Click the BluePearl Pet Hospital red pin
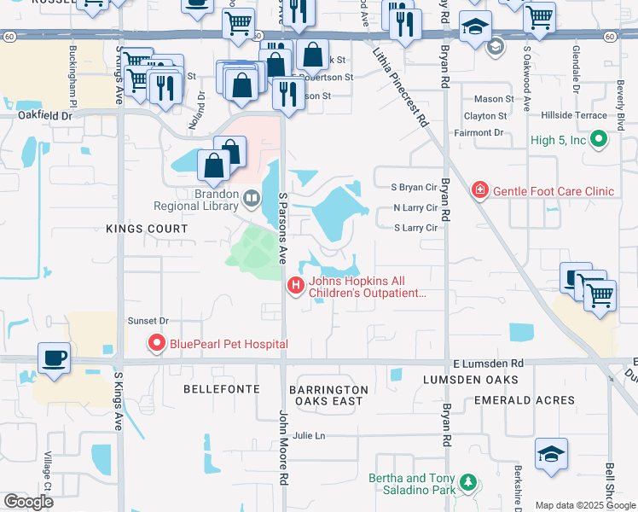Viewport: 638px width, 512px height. tap(156, 344)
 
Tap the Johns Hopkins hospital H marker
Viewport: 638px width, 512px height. tap(296, 286)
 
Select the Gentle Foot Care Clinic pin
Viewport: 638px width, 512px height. tap(480, 189)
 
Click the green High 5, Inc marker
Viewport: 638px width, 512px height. tap(599, 138)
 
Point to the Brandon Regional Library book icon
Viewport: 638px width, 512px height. tap(251, 199)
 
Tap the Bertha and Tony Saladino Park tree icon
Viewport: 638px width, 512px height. tap(467, 484)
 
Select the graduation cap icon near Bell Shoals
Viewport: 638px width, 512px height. tap(551, 456)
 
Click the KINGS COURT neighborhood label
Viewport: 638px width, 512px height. tap(147, 229)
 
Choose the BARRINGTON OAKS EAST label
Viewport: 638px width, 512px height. tap(328, 395)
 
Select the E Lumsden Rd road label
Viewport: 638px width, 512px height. tap(488, 363)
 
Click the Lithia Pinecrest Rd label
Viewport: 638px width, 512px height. tap(400, 87)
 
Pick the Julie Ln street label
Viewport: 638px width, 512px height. tap(309, 435)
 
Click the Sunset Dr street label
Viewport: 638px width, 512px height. tap(148, 321)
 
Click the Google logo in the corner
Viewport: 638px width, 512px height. tap(29, 502)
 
